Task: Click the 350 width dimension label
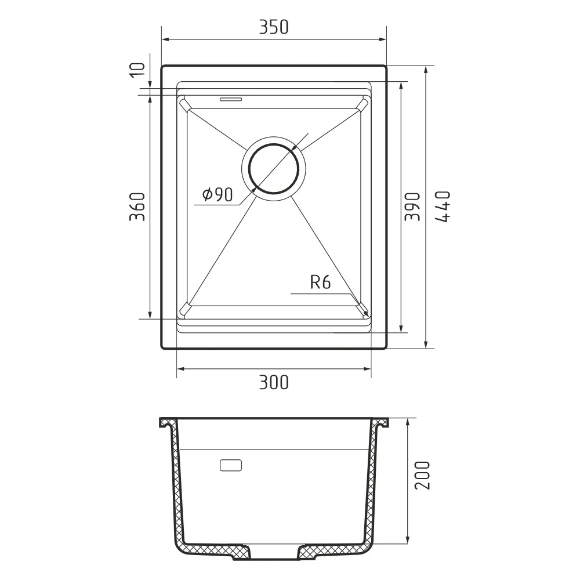273,27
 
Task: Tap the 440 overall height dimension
443,207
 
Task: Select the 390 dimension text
412,207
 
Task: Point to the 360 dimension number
137,207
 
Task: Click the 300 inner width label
274,382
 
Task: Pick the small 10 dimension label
137,70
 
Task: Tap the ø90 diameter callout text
218,194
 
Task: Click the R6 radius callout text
320,282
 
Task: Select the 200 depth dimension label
422,476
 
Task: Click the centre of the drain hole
274,169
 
